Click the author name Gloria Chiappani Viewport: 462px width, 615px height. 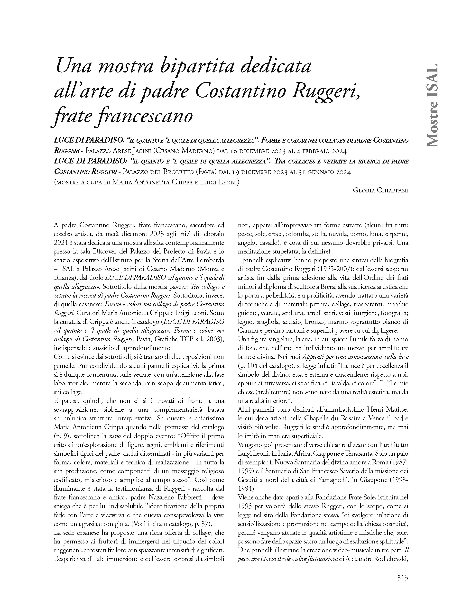[x=380, y=190]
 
